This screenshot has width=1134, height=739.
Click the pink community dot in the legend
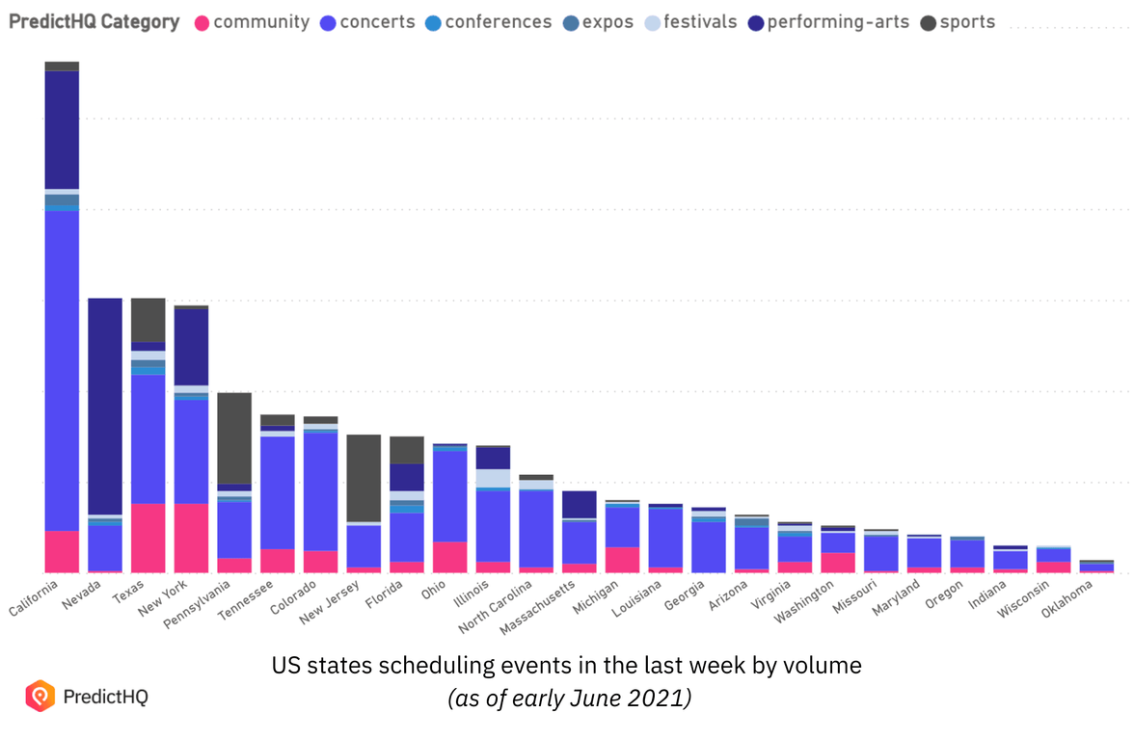coord(202,22)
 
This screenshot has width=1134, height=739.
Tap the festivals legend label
coord(700,22)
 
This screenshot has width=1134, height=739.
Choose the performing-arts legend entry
coord(837,22)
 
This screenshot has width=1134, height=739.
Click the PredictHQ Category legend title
coord(94,22)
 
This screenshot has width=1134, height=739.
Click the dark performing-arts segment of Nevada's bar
coord(105,405)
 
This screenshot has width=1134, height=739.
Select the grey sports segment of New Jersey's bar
coord(364,477)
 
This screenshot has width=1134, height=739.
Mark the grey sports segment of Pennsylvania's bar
coord(234,437)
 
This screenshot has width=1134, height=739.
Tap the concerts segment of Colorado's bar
coord(320,491)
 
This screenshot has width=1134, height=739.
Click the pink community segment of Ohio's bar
coord(449,557)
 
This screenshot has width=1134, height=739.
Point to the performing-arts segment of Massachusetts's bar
coord(580,504)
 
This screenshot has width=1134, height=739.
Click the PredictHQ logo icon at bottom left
coord(40,695)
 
